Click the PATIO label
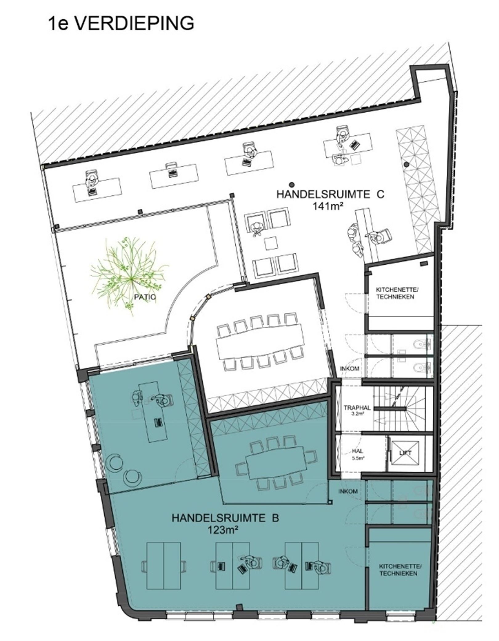145,297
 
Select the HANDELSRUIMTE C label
331,195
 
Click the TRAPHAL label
357,408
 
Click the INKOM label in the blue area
348,491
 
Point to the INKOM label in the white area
349,368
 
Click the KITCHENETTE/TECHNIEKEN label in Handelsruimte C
395,293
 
